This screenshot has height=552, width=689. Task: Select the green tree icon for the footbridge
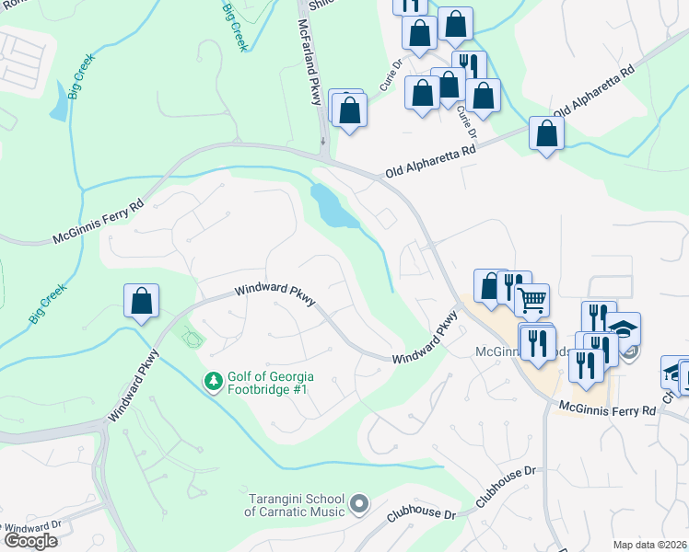[x=213, y=380]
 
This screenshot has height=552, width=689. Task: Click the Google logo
[x=29, y=541]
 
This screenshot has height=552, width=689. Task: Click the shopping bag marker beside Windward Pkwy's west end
[x=142, y=300]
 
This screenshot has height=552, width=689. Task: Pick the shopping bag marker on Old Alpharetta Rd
[x=546, y=133]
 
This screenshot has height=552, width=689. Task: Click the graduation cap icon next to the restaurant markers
[x=624, y=328]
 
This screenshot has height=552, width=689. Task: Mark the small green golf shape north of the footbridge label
[x=192, y=338]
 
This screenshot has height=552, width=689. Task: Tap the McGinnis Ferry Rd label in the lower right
[x=607, y=408]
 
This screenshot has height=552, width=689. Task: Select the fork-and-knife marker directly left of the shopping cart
[x=515, y=286]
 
